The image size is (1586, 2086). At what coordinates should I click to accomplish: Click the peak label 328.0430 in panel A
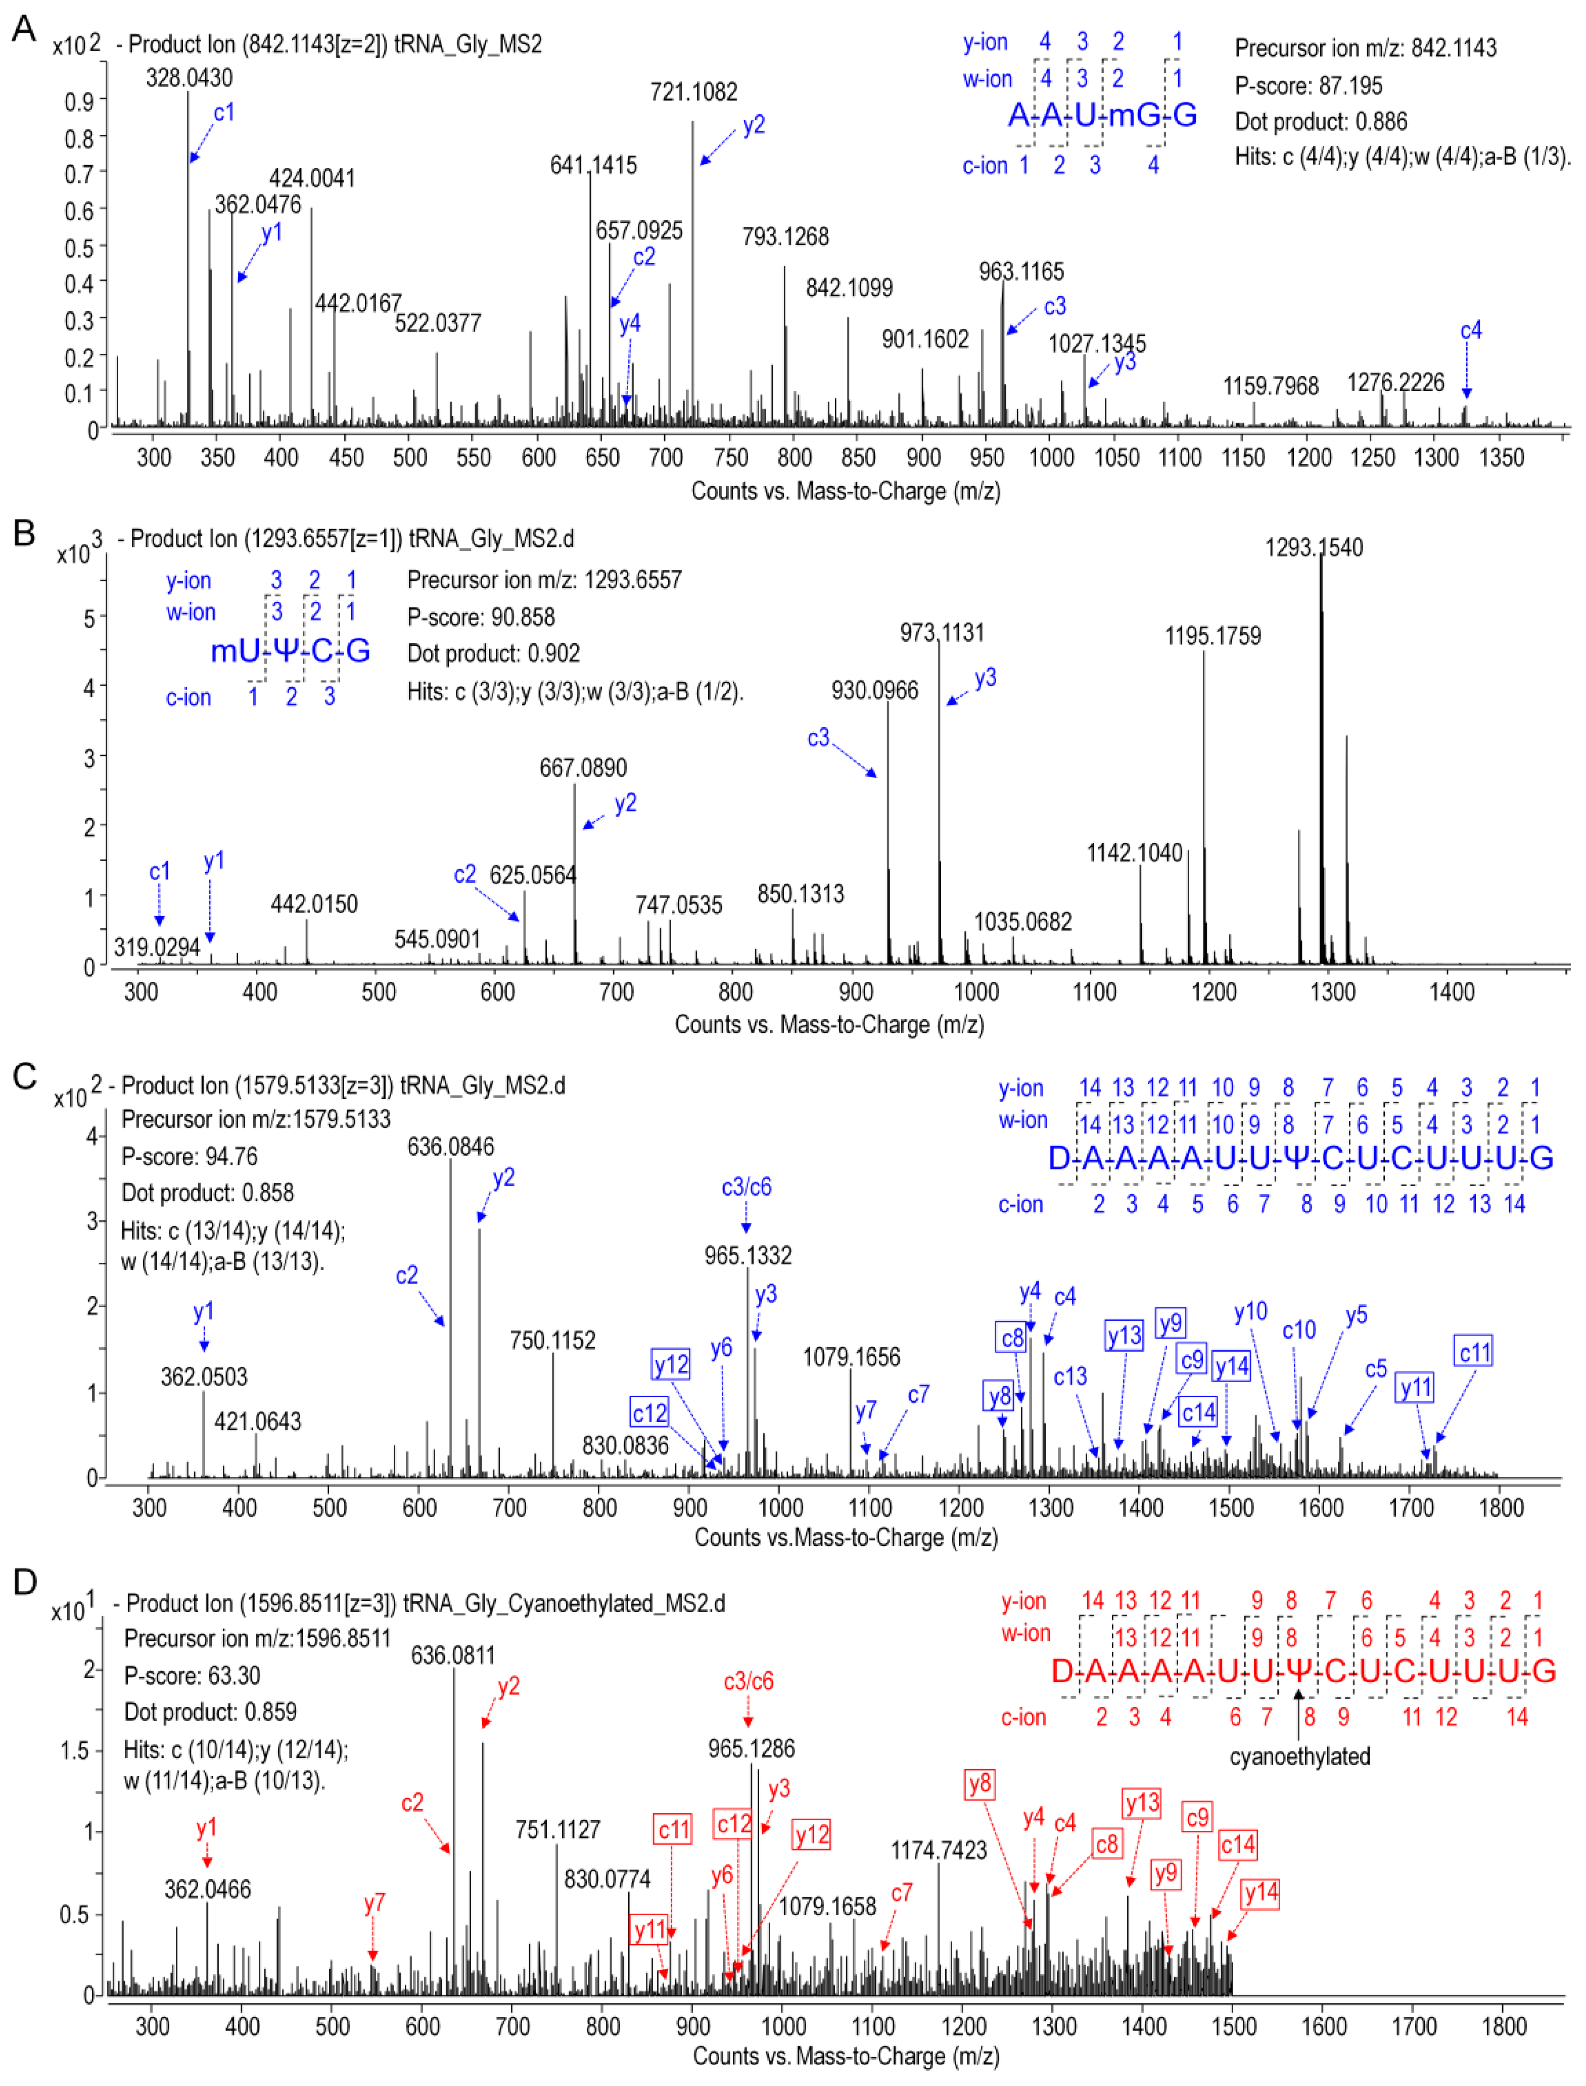[189, 77]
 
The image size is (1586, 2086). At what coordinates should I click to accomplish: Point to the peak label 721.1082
[694, 91]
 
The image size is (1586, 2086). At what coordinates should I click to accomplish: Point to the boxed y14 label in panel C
[1231, 1366]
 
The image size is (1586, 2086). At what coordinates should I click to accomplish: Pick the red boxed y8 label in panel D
[980, 1784]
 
